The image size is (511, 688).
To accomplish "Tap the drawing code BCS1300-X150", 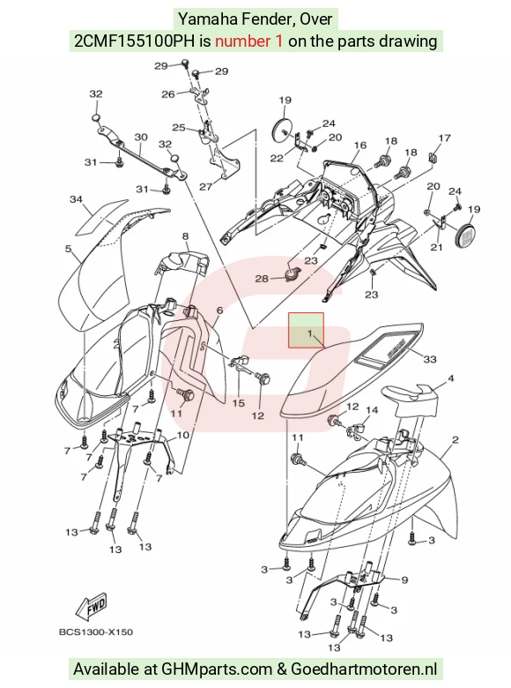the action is pyautogui.click(x=96, y=632).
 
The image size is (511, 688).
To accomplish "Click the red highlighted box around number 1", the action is pyautogui.click(x=306, y=331).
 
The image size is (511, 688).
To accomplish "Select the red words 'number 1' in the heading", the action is pyautogui.click(x=249, y=41).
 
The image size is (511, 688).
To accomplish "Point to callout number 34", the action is pyautogui.click(x=77, y=199).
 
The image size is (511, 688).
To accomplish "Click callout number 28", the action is pyautogui.click(x=262, y=279).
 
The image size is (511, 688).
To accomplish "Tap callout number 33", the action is pyautogui.click(x=430, y=359).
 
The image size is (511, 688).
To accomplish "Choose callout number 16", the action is pyautogui.click(x=359, y=146).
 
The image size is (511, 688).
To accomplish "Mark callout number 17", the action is pyautogui.click(x=444, y=138).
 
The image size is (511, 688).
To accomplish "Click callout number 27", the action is pyautogui.click(x=205, y=186).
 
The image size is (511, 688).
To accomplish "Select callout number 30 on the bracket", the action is pyautogui.click(x=141, y=138).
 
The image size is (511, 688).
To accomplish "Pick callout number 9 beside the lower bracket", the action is pyautogui.click(x=404, y=580).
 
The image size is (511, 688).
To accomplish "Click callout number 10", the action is pyautogui.click(x=182, y=435).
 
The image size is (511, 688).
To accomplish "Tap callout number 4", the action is pyautogui.click(x=450, y=378).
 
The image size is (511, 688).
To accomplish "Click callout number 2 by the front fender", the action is pyautogui.click(x=455, y=439).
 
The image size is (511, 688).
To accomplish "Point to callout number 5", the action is pyautogui.click(x=68, y=249).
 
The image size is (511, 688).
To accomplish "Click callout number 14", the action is pyautogui.click(x=372, y=410).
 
